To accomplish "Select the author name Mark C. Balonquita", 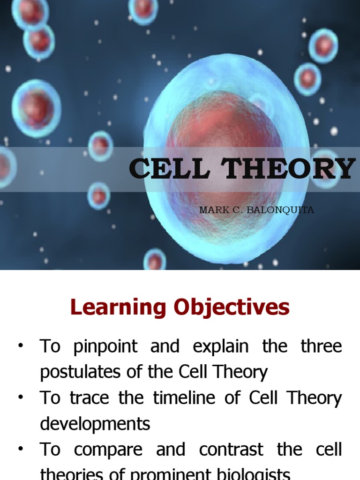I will click(256, 210).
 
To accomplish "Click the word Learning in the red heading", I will click(118, 307).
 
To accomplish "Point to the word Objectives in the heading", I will click(232, 307).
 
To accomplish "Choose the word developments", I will click(95, 424).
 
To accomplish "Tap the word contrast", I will click(230, 450).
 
